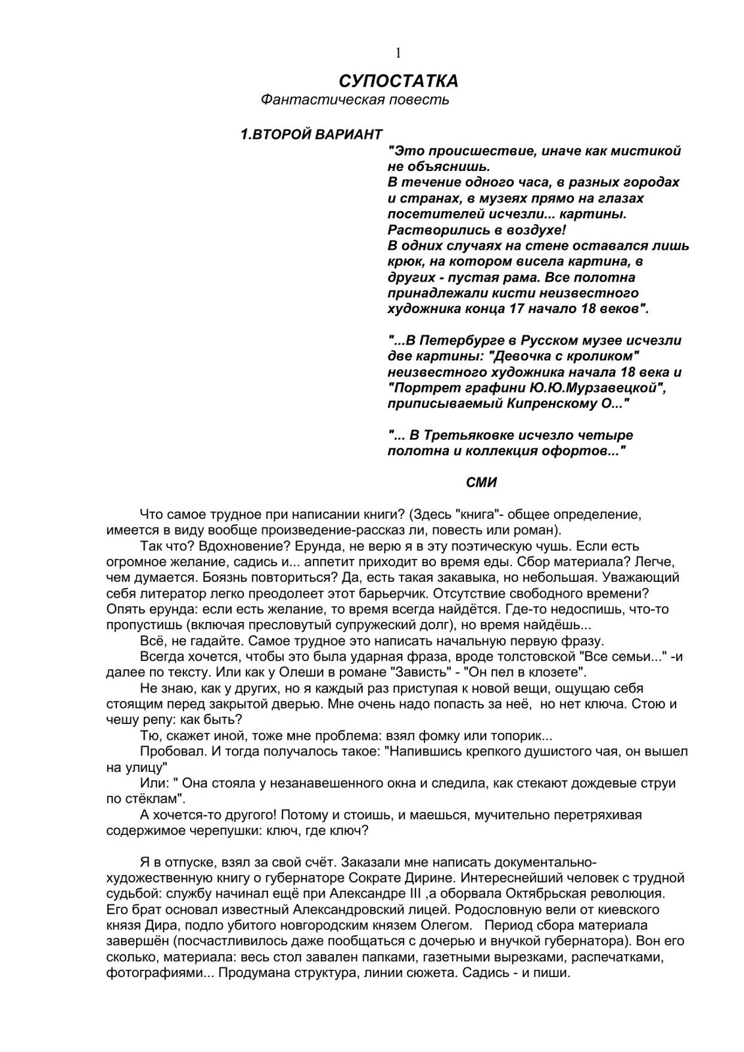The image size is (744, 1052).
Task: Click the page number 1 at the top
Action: click(x=398, y=53)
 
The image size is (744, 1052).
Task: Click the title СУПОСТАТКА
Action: click(x=398, y=82)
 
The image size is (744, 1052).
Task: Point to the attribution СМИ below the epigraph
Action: click(x=481, y=483)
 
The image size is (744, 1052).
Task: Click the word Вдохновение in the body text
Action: click(x=225, y=546)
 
